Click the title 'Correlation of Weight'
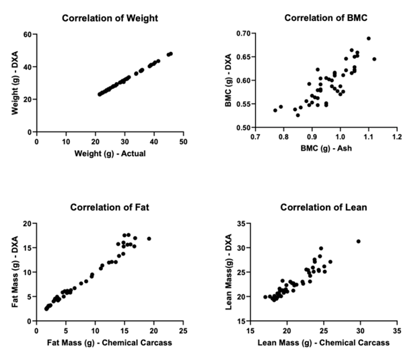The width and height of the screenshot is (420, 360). (x=110, y=18)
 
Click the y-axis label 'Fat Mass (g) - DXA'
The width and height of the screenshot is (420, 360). (x=15, y=272)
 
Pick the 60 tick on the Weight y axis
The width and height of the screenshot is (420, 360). (x=28, y=34)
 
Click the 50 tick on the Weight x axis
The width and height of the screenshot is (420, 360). (x=182, y=143)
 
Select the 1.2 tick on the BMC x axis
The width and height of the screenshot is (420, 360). (x=396, y=139)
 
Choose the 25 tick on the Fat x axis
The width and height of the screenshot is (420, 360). (x=182, y=332)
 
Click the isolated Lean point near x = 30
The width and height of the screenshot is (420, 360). (x=358, y=241)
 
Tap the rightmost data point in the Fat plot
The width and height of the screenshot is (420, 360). (x=149, y=238)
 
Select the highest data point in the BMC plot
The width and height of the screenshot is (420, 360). (x=368, y=38)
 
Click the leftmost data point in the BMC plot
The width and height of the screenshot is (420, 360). (x=275, y=110)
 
